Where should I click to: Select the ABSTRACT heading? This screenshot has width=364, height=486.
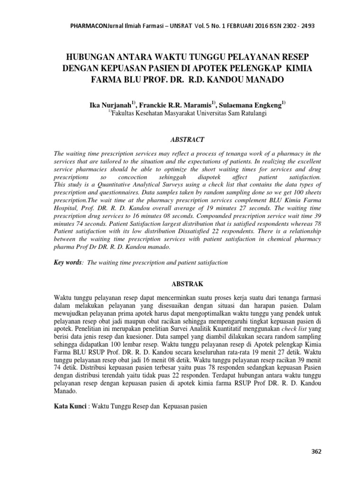pyautogui.click(x=187, y=140)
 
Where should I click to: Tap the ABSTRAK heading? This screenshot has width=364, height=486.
pyautogui.click(x=187, y=284)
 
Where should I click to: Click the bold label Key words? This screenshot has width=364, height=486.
pyautogui.click(x=68, y=262)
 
